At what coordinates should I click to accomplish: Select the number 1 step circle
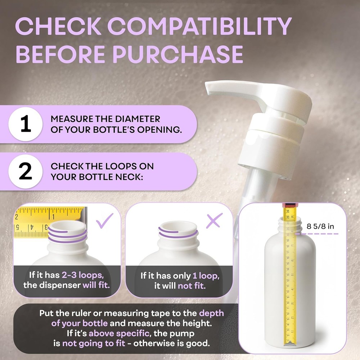coord(25,124)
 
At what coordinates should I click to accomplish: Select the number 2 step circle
coord(25,171)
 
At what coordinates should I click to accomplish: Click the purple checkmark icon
coord(104,220)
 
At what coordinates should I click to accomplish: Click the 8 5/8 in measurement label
coord(320,226)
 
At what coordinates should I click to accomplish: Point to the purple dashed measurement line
coord(317,234)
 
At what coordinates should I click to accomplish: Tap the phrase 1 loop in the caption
coord(204,276)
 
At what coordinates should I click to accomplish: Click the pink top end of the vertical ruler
coord(288,204)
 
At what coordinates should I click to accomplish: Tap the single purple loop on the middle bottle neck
coord(178,234)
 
